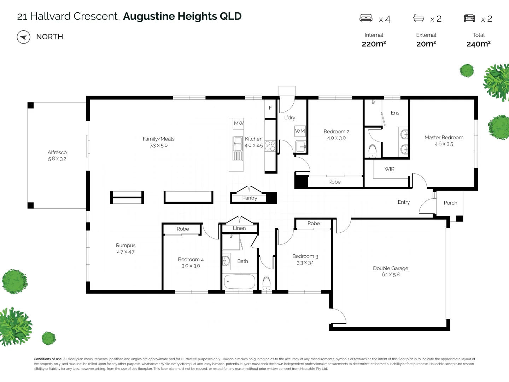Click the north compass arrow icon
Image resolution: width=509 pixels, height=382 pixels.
(23, 37)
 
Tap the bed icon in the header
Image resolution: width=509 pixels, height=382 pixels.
(366, 18)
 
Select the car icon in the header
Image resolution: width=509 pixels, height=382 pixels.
(469, 18)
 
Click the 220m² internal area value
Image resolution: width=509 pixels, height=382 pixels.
(374, 44)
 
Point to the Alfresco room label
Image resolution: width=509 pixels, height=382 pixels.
(57, 152)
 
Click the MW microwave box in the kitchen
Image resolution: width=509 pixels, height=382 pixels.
(238, 123)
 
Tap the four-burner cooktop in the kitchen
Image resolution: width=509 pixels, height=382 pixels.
(270, 146)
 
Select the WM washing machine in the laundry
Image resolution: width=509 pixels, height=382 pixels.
(300, 131)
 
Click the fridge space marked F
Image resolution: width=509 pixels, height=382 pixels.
(270, 108)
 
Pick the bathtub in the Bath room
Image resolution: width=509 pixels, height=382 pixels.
(240, 282)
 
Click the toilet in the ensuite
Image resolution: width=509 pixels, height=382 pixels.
(373, 151)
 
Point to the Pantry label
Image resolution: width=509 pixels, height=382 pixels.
(250, 198)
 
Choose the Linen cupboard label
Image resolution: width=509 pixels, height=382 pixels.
(239, 228)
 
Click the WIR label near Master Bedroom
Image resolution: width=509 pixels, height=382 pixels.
(389, 169)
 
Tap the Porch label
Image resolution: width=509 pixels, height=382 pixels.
(450, 203)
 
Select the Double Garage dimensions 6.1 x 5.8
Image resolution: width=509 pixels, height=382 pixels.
(391, 274)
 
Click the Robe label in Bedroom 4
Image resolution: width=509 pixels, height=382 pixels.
(183, 229)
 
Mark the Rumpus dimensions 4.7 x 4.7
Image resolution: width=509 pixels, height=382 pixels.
(126, 252)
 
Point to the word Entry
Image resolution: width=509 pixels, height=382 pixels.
(404, 202)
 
